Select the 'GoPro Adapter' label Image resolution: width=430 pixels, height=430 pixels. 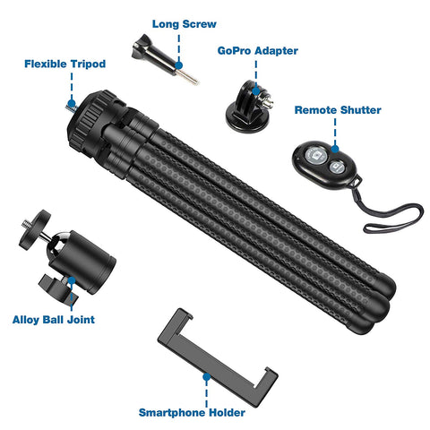pyautogui.click(x=257, y=51)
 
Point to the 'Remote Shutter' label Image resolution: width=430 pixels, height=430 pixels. pyautogui.click(x=338, y=110)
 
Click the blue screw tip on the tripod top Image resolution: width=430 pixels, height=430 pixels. pyautogui.click(x=69, y=103)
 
